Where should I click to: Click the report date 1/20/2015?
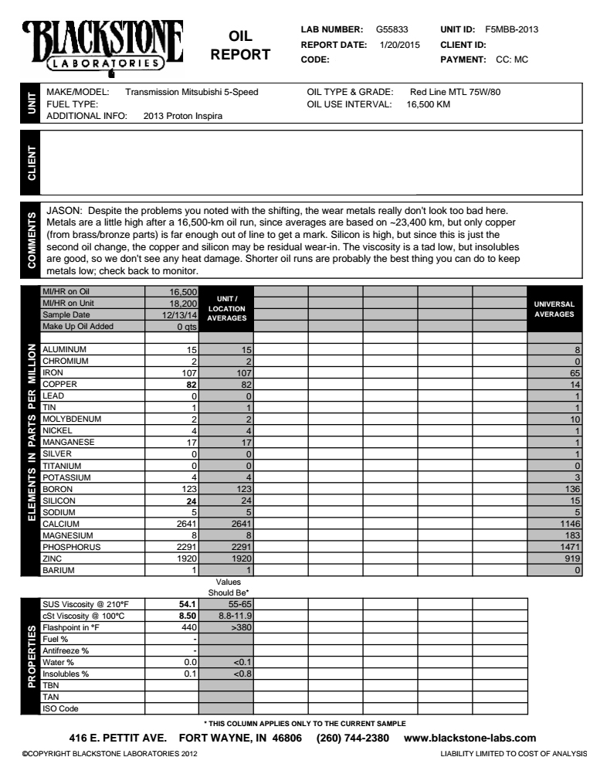[399, 44]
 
